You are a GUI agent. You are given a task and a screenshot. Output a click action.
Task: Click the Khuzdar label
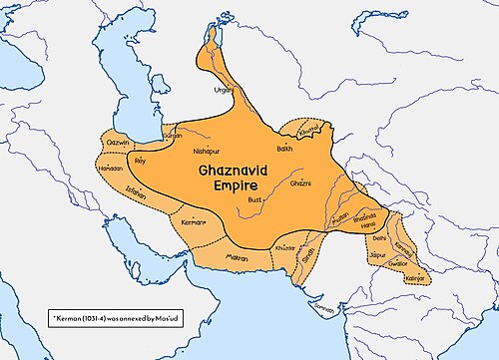coord(285,246)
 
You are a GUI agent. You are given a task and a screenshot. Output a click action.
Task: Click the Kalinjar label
coord(415,278)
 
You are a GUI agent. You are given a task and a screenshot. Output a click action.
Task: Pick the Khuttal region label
coord(311,131)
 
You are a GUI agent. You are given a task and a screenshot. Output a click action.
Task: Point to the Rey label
coord(139,159)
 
